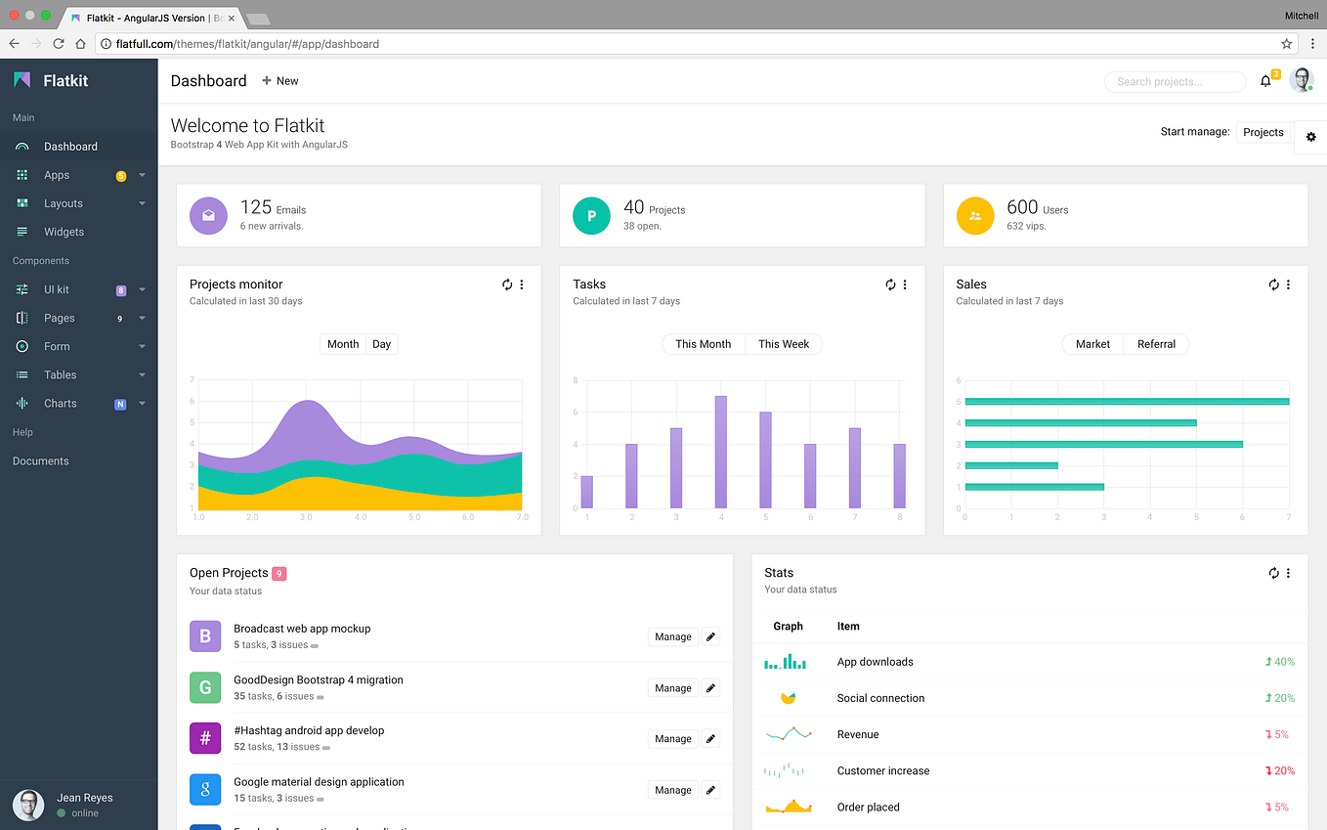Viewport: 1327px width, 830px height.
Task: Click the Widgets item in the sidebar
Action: [x=64, y=232]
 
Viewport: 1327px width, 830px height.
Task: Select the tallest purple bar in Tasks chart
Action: [x=720, y=452]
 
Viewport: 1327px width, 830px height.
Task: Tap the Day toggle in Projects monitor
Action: [x=381, y=344]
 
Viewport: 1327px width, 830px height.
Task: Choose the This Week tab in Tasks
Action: [x=783, y=344]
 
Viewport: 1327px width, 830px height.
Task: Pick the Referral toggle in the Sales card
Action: [x=1156, y=344]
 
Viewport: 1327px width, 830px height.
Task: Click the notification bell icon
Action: [x=1265, y=81]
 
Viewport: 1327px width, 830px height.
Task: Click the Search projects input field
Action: [x=1175, y=82]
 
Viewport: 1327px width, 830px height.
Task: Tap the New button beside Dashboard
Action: [x=280, y=80]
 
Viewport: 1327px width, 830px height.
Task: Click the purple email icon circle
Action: [x=208, y=215]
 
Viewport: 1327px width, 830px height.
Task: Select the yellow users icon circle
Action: [x=975, y=215]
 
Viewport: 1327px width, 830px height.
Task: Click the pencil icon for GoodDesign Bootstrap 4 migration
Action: [x=710, y=687]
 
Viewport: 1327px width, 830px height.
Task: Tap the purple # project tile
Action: [x=205, y=738]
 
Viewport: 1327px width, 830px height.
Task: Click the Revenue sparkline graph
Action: [x=788, y=734]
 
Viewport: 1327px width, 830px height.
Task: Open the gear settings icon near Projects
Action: [x=1311, y=137]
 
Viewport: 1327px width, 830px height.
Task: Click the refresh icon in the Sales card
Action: [x=1273, y=284]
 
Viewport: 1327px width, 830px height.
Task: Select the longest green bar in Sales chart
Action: [x=1127, y=402]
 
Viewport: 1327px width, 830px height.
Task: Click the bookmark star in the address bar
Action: [x=1286, y=44]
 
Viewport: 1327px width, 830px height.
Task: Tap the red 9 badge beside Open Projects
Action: [x=279, y=573]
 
